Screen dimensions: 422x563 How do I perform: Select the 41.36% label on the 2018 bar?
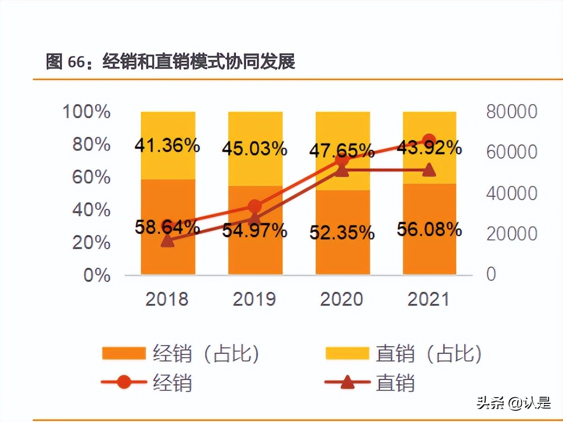(167, 146)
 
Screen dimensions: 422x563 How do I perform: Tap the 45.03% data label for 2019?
(254, 149)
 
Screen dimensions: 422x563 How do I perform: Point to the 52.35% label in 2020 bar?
(342, 232)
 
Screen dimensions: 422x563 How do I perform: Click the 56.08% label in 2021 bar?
(429, 229)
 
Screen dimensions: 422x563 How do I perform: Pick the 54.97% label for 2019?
(254, 230)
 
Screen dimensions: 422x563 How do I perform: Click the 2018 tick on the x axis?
(167, 299)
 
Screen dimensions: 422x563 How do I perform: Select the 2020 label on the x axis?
(341, 299)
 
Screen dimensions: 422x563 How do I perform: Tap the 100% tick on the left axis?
(86, 112)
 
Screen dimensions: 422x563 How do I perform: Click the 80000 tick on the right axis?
(512, 112)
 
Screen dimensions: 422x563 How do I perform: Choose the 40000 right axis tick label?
(512, 193)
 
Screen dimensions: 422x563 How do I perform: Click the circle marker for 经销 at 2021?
(429, 140)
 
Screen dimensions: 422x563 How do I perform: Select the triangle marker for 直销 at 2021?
(429, 170)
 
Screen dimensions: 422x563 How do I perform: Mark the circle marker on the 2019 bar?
(254, 206)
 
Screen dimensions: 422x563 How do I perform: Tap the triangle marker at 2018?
(167, 241)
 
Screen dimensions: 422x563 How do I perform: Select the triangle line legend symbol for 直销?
(347, 383)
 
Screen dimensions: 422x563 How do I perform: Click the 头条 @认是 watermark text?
(514, 402)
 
